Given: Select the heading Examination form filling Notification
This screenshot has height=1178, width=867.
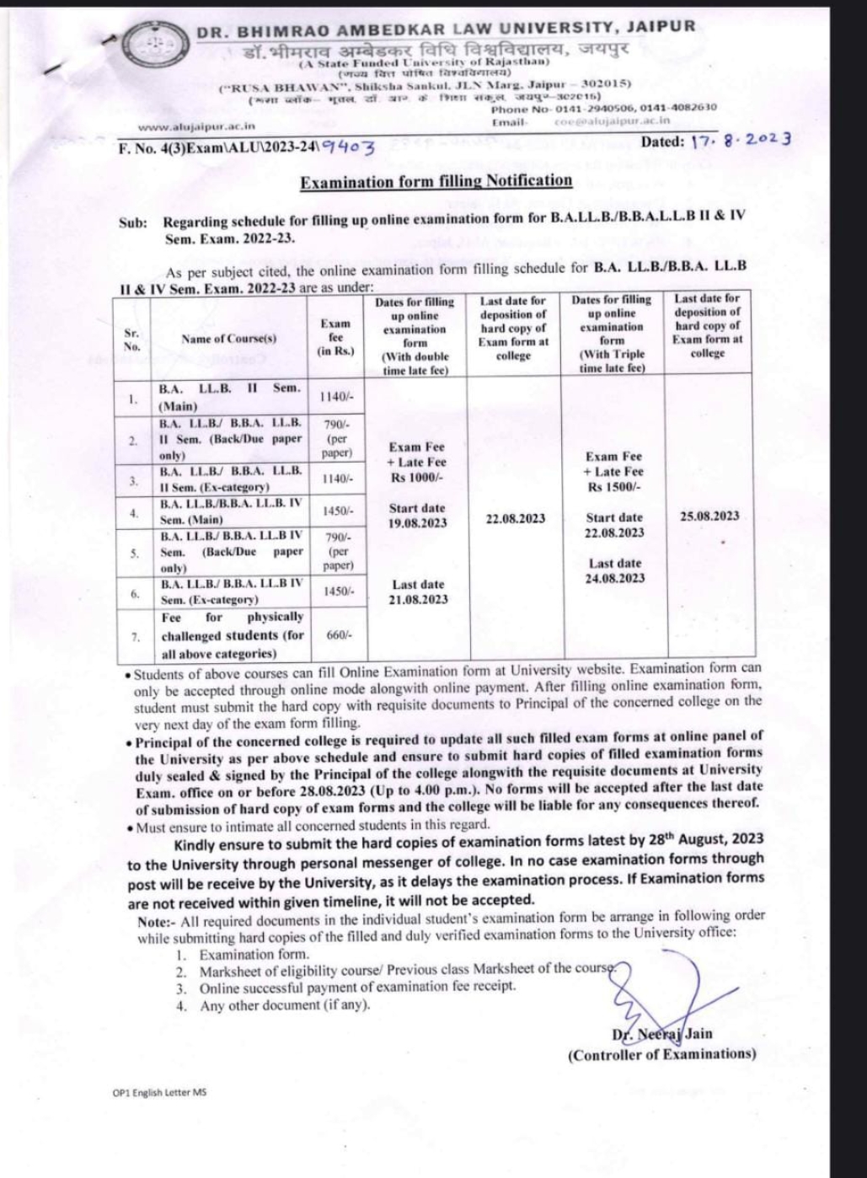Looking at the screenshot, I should (x=436, y=180).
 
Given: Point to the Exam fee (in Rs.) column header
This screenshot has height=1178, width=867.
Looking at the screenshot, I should (x=335, y=337).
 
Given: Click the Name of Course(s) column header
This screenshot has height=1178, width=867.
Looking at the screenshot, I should (x=228, y=339).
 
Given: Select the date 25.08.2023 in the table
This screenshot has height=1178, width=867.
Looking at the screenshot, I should (x=709, y=516).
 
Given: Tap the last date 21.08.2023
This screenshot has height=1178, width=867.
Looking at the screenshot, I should (x=418, y=599).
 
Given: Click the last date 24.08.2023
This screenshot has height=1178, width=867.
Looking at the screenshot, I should (x=614, y=578).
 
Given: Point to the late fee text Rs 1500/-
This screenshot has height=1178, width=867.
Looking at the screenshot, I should (x=614, y=487).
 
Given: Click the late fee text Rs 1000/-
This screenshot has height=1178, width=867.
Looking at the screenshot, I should (x=417, y=478).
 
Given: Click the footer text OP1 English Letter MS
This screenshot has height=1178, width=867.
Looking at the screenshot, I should (x=159, y=1093).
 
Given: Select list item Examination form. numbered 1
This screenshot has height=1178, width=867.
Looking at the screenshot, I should (x=254, y=955).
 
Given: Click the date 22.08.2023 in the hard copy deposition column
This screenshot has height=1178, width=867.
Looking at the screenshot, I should (x=515, y=518).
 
